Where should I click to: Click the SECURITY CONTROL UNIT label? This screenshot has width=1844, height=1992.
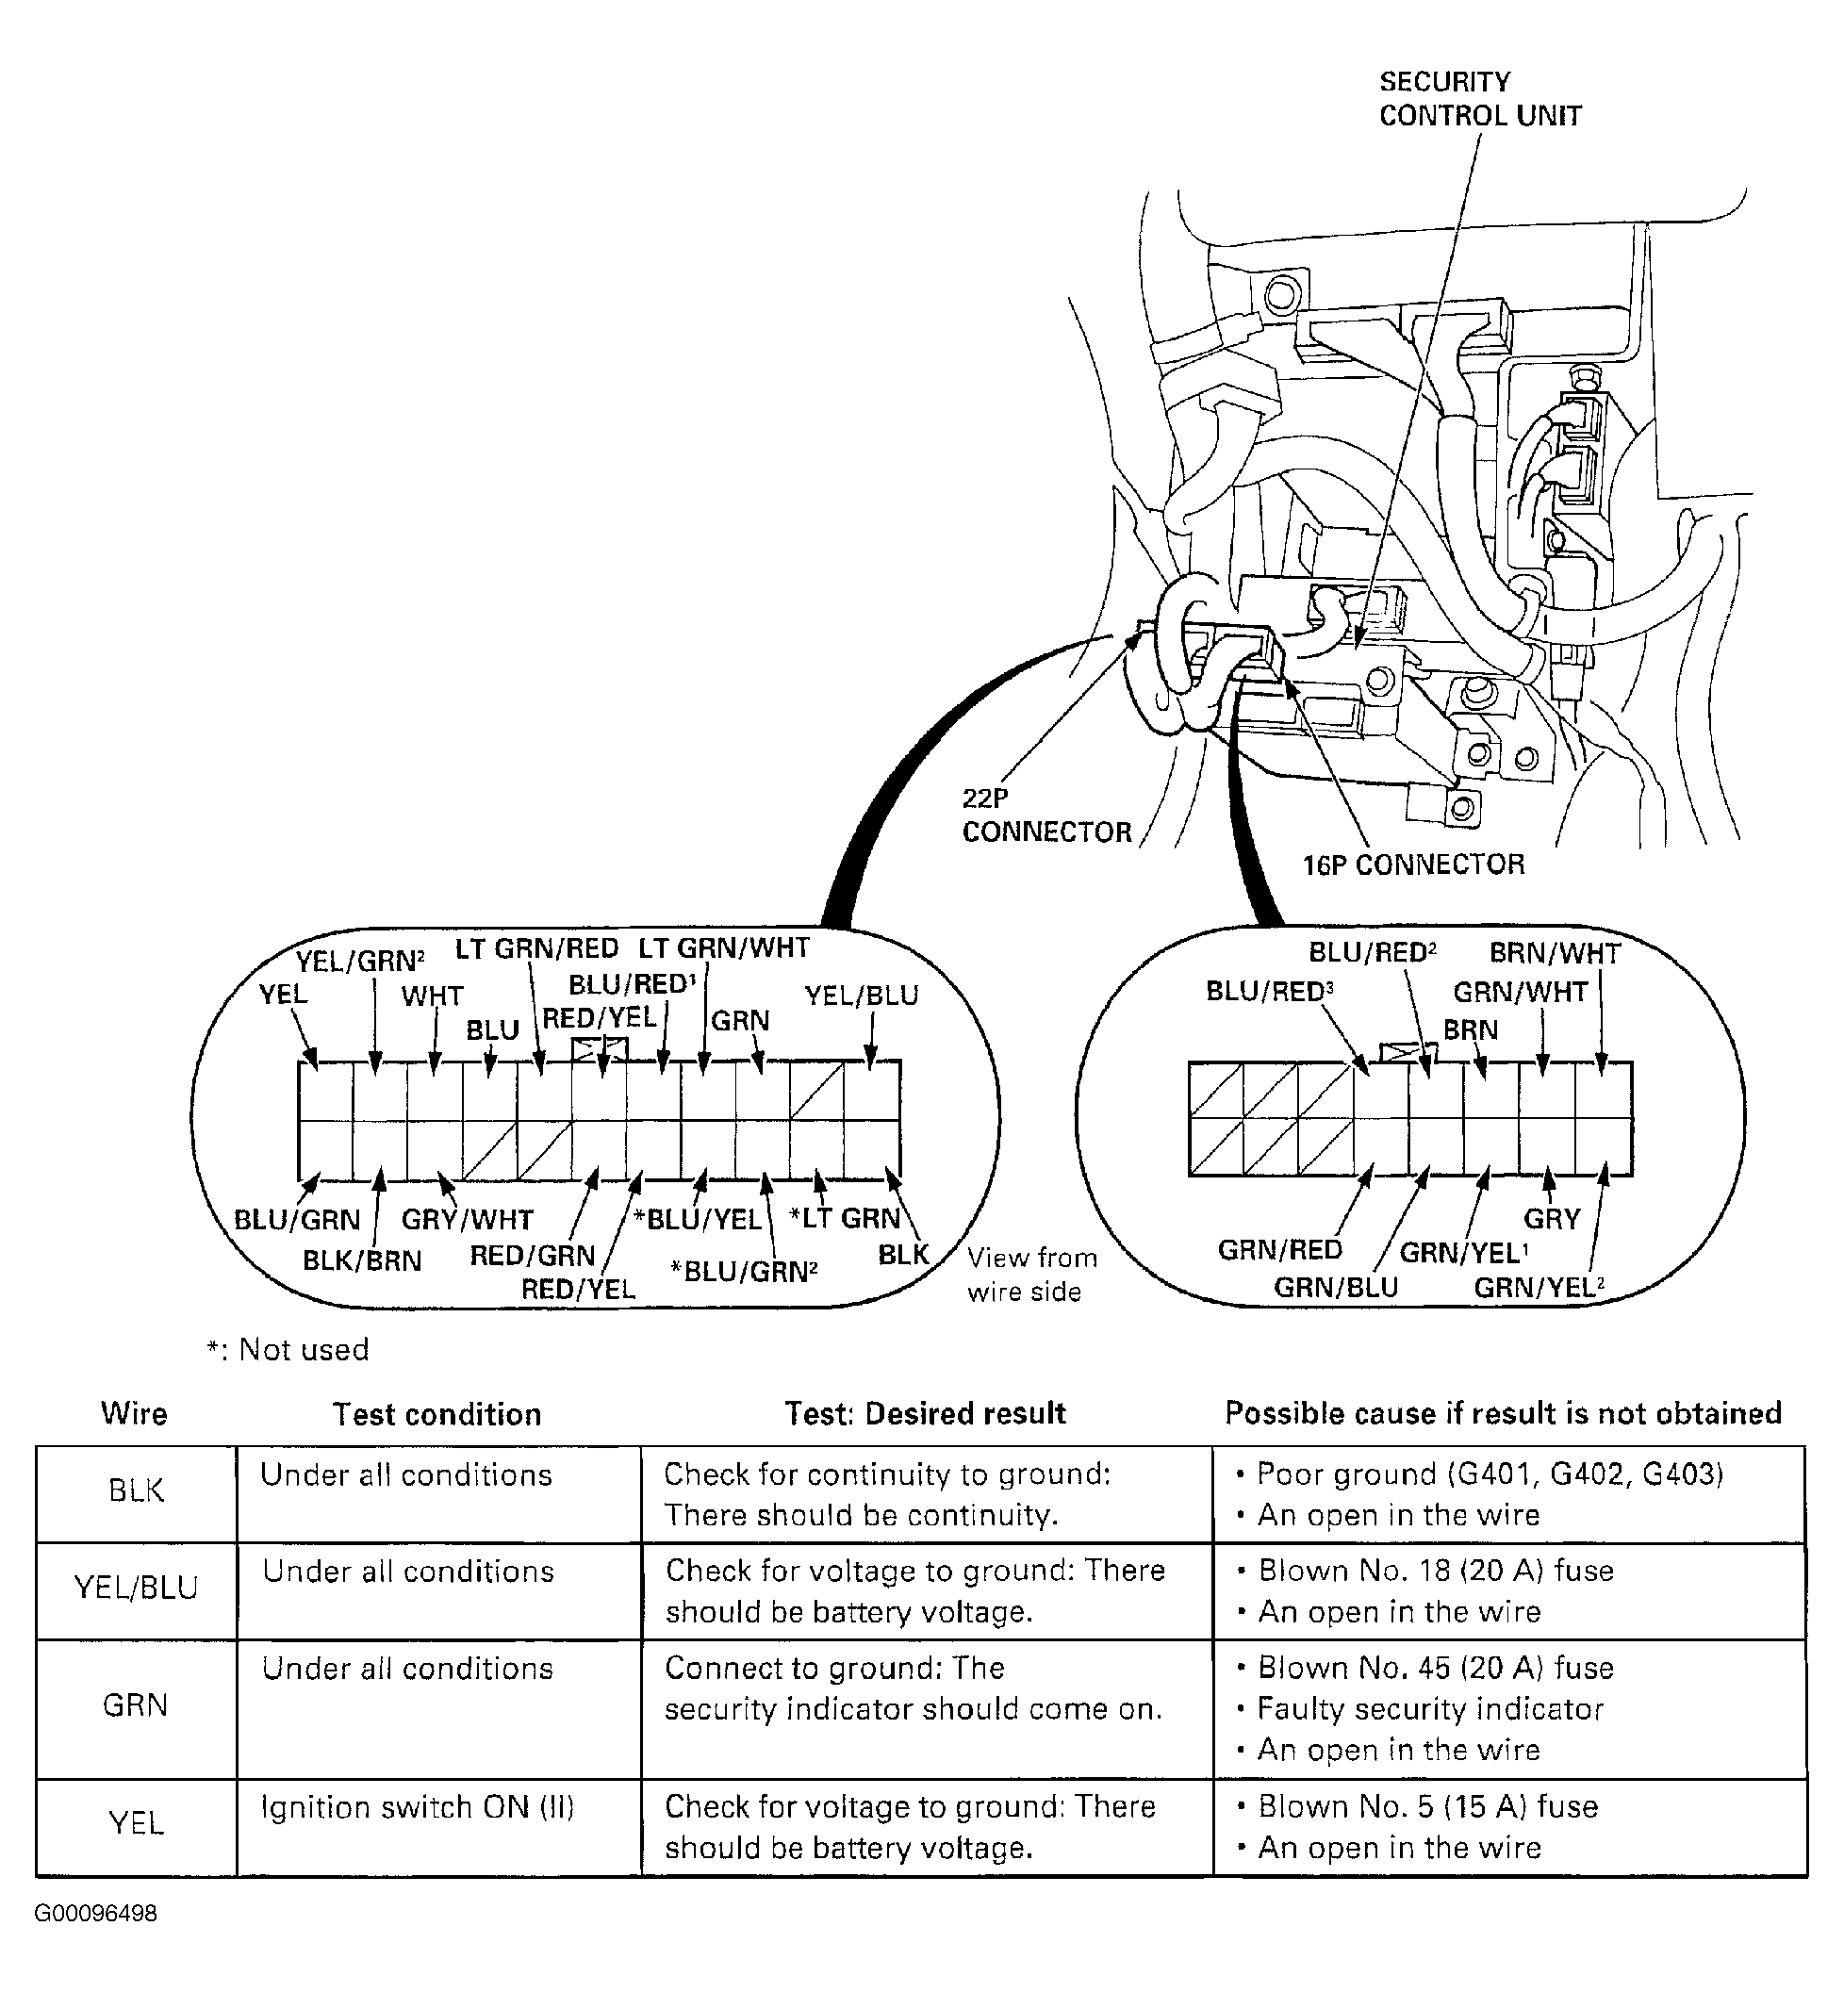pos(1480,99)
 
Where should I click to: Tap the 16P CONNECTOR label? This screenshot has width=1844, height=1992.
pos(1413,864)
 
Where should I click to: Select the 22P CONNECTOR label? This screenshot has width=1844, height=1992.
pos(1046,815)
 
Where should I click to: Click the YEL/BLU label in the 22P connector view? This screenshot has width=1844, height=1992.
pos(861,995)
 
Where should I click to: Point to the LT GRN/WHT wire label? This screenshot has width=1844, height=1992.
pos(723,947)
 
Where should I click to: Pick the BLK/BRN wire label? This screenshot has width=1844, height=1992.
pos(362,1260)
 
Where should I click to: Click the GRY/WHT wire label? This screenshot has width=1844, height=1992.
pos(467,1220)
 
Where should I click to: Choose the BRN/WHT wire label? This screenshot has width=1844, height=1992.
pos(1555,953)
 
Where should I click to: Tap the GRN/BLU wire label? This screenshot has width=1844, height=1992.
pos(1336,1288)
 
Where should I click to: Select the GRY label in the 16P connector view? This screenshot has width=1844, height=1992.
pos(1552,1219)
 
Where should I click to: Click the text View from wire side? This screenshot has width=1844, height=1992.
pos(1031,1275)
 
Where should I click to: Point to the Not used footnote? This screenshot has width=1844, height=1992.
pos(288,1349)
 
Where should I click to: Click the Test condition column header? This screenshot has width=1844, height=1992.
pos(437,1414)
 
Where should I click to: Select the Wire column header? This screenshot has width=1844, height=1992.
pos(134,1413)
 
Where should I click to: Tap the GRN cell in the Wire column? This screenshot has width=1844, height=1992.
pos(135,1704)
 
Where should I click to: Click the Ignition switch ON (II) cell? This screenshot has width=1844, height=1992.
pos(418,1807)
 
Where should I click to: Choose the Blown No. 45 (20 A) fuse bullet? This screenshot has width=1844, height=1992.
pos(1424,1668)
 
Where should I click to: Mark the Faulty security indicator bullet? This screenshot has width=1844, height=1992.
pos(1419,1709)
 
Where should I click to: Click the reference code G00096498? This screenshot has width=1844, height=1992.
pos(96,1913)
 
